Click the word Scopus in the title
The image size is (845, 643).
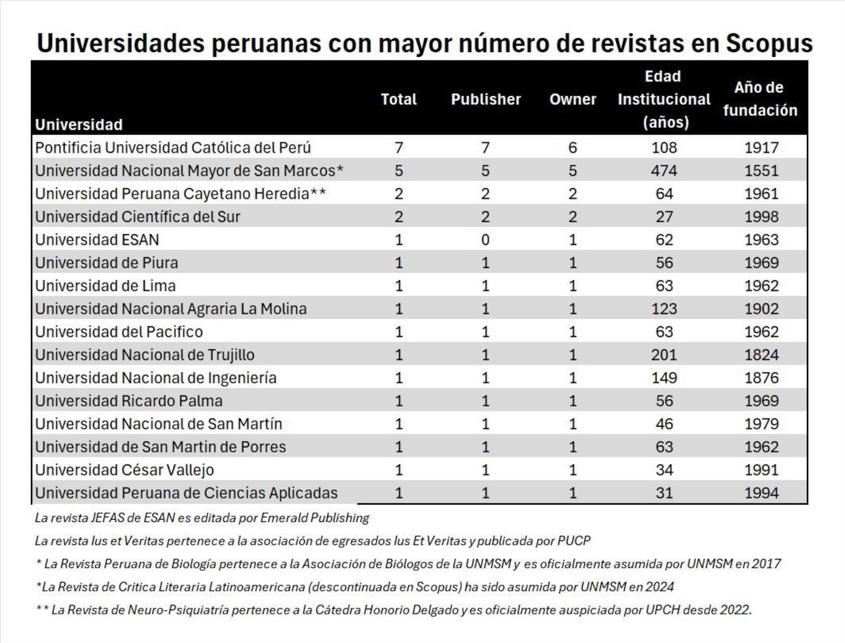[769, 43]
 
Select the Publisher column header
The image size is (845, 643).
[486, 100]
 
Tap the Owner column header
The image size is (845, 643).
[573, 100]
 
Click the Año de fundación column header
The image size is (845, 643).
[760, 99]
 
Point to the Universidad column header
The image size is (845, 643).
[79, 125]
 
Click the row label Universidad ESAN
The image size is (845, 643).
[97, 240]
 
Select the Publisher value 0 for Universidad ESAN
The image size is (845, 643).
[485, 240]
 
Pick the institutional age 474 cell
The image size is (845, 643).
[664, 170]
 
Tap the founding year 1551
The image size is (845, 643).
[761, 170]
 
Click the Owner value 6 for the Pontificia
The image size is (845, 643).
[573, 148]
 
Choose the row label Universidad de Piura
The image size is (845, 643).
[107, 263]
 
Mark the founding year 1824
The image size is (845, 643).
[761, 355]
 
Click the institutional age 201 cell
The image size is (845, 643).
[664, 355]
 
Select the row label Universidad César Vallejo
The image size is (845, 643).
[124, 470]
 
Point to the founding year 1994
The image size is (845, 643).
[761, 493]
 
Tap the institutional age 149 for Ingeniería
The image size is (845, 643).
[664, 378]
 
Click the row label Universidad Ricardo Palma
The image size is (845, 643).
[129, 401]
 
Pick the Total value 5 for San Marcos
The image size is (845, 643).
[399, 170]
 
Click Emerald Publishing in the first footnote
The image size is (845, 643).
[315, 518]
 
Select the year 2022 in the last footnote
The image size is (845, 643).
[737, 610]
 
